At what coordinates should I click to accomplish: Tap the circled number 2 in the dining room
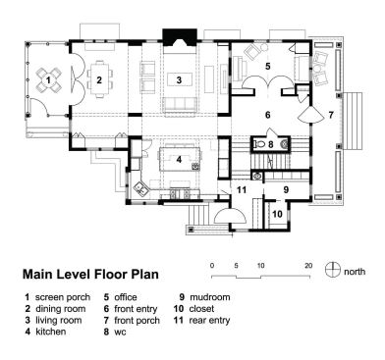coord(99,79)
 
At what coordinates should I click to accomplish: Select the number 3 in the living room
coord(179,78)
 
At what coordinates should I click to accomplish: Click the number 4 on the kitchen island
coord(179,157)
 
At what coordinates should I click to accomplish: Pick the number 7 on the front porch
coord(331,115)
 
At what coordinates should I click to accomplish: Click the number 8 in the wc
coord(272,144)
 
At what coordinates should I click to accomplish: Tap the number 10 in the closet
coord(276,212)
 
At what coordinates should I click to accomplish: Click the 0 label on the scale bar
coord(212,265)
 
